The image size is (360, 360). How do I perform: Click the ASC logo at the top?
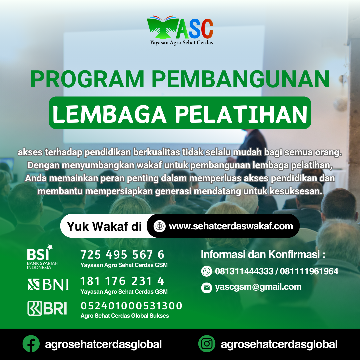click(x=180, y=30)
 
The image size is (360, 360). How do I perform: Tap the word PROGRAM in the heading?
click(x=87, y=79)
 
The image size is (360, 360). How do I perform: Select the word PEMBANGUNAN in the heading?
click(x=240, y=79)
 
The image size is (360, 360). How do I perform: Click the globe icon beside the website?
click(x=160, y=226)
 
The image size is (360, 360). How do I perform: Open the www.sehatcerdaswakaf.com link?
click(x=231, y=226)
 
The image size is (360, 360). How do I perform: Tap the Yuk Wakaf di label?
click(x=104, y=226)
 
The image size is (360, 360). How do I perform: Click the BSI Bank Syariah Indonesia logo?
click(x=42, y=257)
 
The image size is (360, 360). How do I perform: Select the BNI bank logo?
click(x=48, y=284)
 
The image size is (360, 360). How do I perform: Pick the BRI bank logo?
click(x=47, y=308)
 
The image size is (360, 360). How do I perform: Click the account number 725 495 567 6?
click(x=122, y=255)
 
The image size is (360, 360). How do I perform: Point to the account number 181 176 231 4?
click(x=122, y=281)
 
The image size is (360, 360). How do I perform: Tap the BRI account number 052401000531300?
click(x=131, y=306)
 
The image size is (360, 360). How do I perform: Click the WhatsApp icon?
click(x=207, y=271)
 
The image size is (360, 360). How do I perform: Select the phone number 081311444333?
click(x=244, y=271)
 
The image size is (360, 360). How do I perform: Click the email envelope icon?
click(x=207, y=288)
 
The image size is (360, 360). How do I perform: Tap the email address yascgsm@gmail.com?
click(x=258, y=287)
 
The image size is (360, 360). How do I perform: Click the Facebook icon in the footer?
click(x=31, y=344)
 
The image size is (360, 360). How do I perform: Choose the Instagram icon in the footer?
click(x=207, y=344)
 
